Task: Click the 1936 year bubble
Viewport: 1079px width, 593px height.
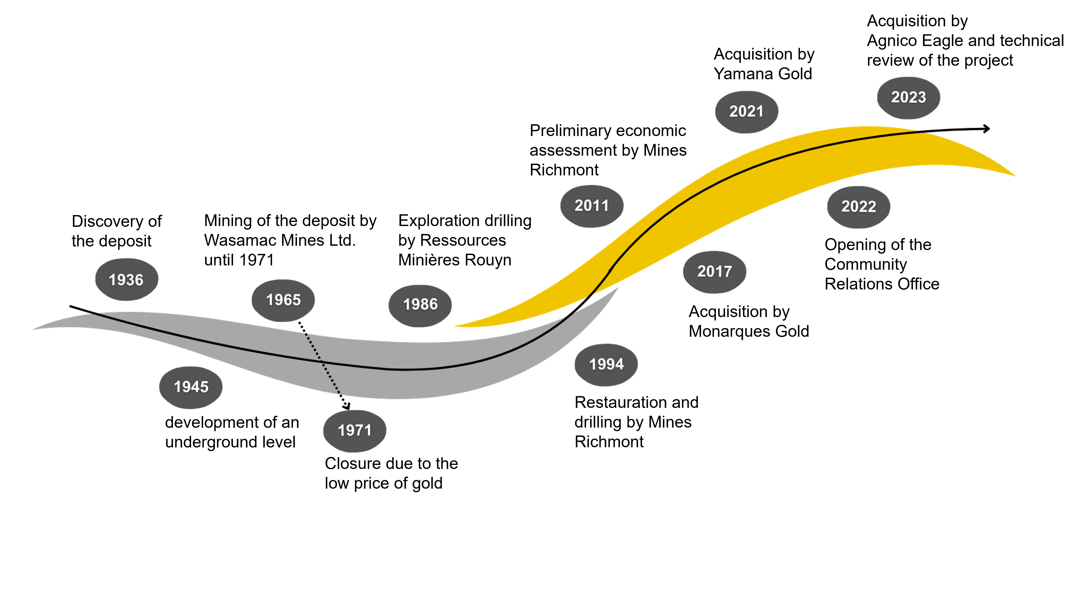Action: [x=127, y=279]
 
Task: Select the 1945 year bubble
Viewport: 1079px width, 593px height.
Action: [x=191, y=387]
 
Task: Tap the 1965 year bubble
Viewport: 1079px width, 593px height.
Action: [x=283, y=300]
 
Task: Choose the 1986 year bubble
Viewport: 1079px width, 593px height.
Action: [x=420, y=305]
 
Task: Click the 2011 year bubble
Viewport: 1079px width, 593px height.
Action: [x=592, y=206]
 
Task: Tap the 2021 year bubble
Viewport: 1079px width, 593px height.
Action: [x=747, y=111]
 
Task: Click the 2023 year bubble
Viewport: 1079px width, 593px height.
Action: [x=908, y=97]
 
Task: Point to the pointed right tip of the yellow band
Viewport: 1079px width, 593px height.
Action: [x=1015, y=176]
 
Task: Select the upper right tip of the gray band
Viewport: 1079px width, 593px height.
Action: [x=618, y=287]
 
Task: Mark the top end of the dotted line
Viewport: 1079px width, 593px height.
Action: [x=305, y=333]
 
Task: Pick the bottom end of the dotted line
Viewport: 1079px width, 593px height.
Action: [x=340, y=394]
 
